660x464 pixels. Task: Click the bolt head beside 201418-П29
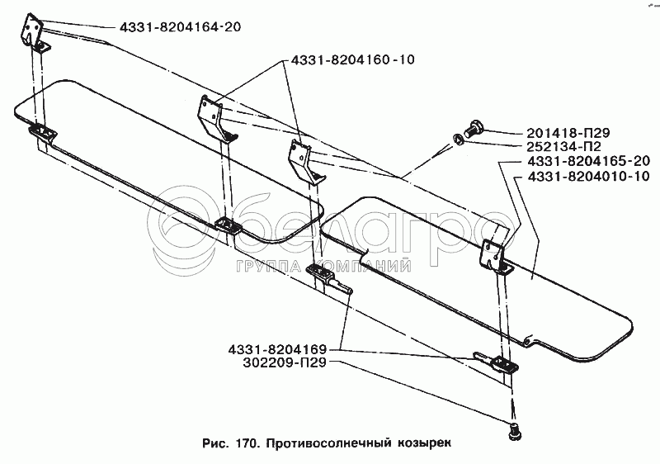coord(474,127)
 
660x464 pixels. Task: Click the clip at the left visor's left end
coord(41,132)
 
